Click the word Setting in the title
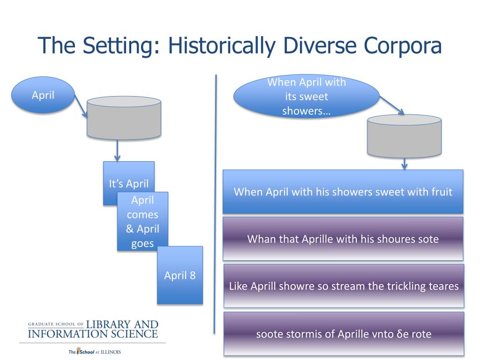coord(120,46)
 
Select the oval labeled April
coord(43,95)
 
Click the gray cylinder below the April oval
coord(124,118)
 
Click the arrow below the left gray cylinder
coord(117,150)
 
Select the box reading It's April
coord(128,183)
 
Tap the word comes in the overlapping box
coord(142,215)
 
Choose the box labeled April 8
coord(180,275)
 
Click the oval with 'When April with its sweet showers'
coord(307,96)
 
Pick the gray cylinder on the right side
coord(404,136)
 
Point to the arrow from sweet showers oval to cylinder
coord(392,105)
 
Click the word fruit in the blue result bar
coord(442,192)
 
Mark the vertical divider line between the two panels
coord(215,204)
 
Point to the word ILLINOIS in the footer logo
coord(111,352)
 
